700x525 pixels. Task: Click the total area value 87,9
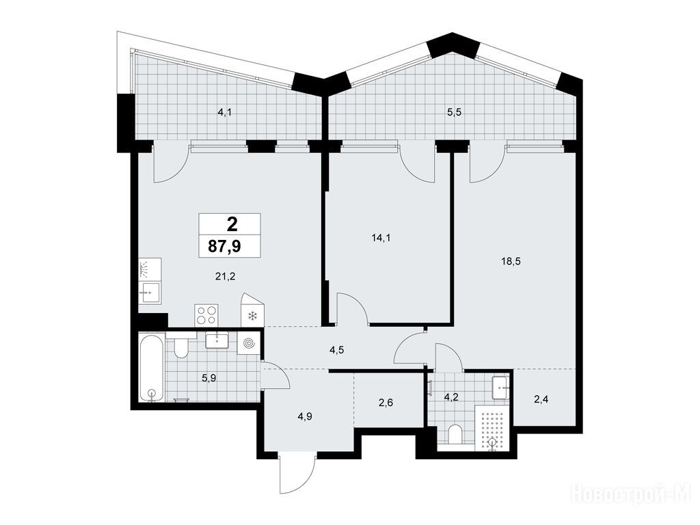point(224,245)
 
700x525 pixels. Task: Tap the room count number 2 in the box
point(232,224)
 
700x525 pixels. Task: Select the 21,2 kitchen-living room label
point(225,277)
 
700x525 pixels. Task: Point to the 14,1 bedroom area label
point(381,238)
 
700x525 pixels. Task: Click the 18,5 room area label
point(511,262)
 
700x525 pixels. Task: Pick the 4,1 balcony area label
point(224,113)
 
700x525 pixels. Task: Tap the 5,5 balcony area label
point(454,113)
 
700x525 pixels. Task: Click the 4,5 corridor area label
point(336,350)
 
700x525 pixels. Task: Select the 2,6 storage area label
point(386,403)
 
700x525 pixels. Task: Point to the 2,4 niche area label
point(541,399)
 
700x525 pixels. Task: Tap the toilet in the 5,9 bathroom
point(181,348)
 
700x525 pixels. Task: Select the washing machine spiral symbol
point(248,343)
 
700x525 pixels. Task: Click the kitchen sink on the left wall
point(150,293)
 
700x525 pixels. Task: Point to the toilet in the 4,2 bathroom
point(455,434)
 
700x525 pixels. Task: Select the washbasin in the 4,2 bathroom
point(500,388)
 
